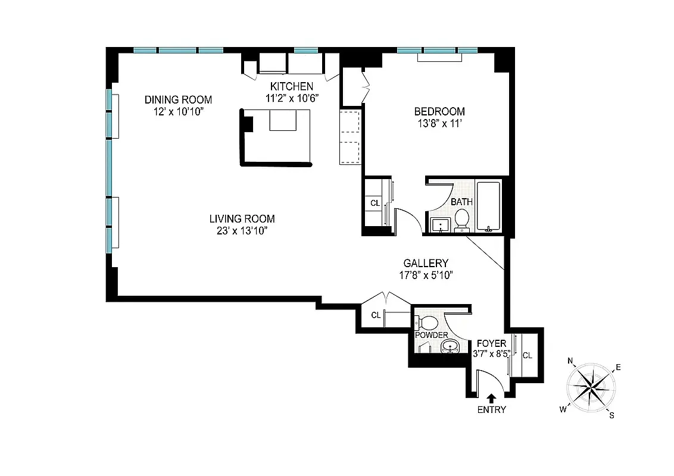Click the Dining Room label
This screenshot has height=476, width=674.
178,100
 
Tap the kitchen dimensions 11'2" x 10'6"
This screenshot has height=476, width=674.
292,98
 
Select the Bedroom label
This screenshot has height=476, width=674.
439,111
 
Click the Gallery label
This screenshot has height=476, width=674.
426,263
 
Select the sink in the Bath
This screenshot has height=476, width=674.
440,225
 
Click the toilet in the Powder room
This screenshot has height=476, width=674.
428,323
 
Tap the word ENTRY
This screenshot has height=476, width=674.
491,409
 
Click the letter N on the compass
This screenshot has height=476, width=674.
570,361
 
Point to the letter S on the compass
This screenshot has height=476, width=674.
611,415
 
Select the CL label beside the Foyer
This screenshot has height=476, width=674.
527,355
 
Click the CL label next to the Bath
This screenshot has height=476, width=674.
375,203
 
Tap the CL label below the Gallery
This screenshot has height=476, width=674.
376,315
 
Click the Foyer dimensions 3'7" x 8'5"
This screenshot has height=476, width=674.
491,354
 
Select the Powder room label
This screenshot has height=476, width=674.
432,335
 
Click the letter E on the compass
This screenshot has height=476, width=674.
618,368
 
